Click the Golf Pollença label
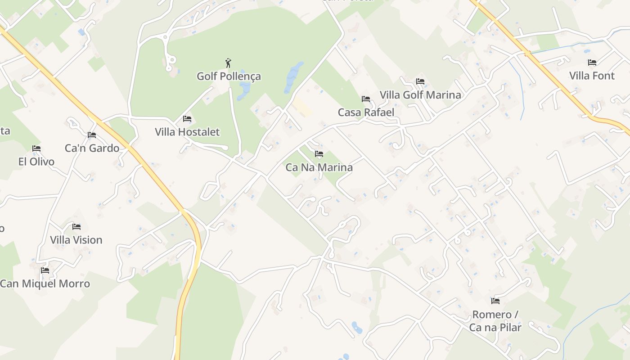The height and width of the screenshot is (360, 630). (229, 76)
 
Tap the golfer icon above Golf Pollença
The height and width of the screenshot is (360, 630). (228, 63)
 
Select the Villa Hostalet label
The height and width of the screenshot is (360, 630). (187, 132)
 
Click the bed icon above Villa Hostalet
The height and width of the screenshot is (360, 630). (187, 119)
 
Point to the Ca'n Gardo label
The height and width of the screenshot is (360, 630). (92, 148)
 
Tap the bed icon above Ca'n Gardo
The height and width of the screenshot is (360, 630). (92, 135)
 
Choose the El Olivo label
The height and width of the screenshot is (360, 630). (36, 162)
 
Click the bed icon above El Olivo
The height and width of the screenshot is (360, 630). (36, 148)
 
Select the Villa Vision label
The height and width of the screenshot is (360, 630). (76, 240)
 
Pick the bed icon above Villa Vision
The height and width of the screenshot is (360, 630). (76, 227)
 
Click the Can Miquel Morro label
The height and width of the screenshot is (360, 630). (45, 283)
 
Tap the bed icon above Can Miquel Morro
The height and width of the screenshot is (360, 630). (45, 270)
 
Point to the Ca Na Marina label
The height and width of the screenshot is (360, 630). (319, 167)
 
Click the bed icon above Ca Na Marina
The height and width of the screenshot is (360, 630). (319, 154)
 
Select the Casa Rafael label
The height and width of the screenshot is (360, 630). (366, 112)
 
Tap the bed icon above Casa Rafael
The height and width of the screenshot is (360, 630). (366, 99)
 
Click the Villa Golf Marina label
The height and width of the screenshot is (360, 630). (420, 95)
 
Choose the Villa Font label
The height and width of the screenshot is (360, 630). (592, 76)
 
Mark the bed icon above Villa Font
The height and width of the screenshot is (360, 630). (592, 63)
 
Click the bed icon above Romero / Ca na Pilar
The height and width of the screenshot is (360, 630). (495, 301)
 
